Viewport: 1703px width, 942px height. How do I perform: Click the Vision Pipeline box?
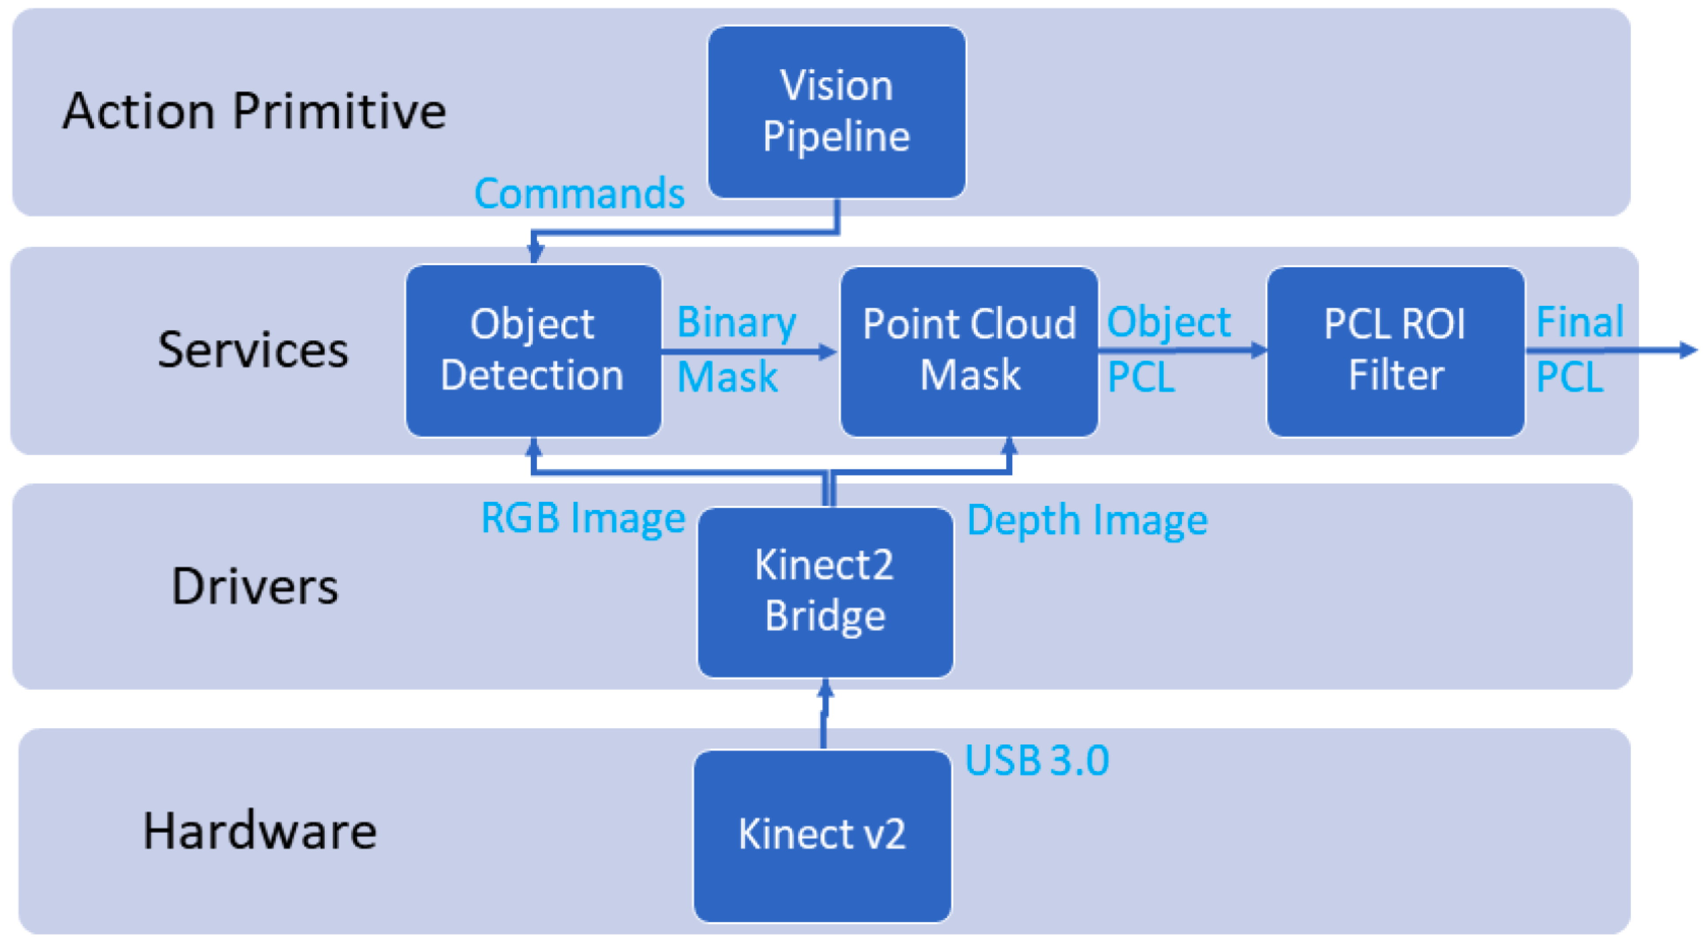836,112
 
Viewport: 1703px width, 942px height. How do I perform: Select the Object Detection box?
533,350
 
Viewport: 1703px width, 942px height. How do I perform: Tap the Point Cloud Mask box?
969,350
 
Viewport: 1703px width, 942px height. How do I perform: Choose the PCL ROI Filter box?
1395,350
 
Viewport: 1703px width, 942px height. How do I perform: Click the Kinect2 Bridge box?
825,592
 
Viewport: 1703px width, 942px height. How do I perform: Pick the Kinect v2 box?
822,835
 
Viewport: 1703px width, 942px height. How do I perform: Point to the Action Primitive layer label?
255,111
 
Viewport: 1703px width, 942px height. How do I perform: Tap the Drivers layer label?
255,586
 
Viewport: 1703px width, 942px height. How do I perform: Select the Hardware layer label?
260,831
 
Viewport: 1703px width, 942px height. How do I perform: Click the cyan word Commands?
579,194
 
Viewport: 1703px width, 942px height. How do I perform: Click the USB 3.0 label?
1036,760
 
